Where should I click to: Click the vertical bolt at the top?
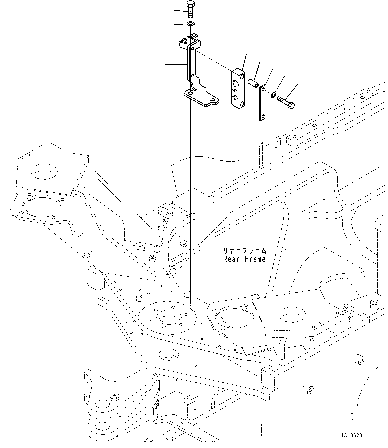coord(190,9)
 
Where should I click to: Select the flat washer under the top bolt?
coord(191,23)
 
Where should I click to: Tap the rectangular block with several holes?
coord(238,88)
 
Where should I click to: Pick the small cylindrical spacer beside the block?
coord(253,83)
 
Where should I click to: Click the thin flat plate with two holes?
coord(263,102)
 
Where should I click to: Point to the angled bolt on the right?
coord(286,102)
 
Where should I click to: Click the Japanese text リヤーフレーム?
coord(245,251)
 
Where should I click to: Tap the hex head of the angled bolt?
coord(292,106)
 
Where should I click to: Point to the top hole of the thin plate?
coord(263,89)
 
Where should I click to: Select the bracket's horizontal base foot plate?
coord(202,98)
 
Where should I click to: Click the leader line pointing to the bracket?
coord(176,64)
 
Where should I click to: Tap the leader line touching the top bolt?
coord(179,11)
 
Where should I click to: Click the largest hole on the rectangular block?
coord(235,83)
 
